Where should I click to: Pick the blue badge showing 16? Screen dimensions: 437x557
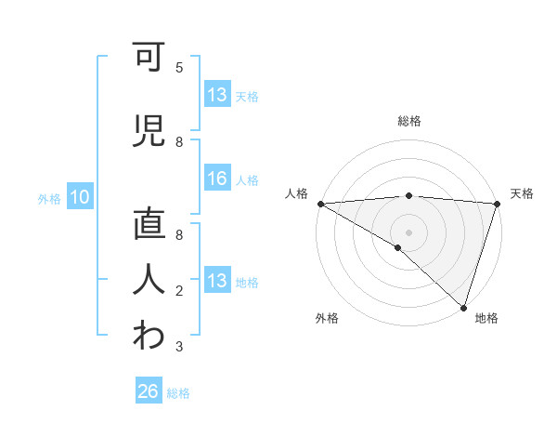click(217, 179)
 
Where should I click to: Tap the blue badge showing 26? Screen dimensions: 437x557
click(149, 391)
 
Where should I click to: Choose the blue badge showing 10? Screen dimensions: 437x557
click(80, 197)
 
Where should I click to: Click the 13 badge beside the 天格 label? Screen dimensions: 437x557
click(217, 95)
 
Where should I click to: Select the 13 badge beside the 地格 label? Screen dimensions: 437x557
click(217, 282)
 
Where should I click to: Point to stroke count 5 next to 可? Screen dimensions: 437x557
click(179, 68)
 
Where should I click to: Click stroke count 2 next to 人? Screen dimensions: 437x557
click(179, 291)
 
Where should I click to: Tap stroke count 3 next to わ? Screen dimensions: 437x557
click(179, 347)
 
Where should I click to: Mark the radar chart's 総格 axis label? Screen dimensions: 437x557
click(408, 121)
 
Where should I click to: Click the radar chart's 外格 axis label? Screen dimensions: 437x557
click(327, 318)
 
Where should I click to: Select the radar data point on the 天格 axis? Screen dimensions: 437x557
click(497, 204)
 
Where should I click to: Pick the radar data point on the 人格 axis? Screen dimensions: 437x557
click(320, 204)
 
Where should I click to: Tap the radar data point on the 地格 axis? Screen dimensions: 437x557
click(463, 307)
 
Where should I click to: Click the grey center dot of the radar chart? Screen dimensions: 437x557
click(408, 231)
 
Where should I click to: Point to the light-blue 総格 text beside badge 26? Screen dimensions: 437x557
click(178, 393)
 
